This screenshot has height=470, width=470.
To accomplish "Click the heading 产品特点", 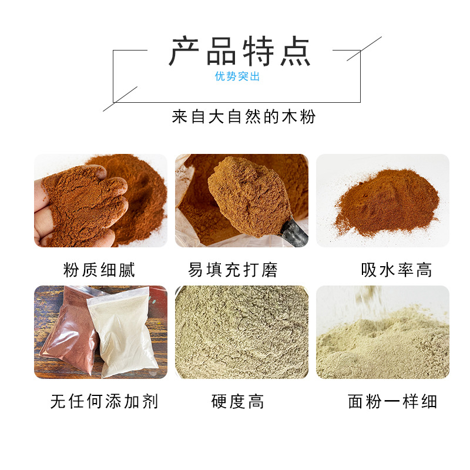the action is coord(240,51).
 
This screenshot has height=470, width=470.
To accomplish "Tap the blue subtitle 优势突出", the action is coord(237,76).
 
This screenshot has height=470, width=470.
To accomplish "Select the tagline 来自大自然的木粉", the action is coord(244,116).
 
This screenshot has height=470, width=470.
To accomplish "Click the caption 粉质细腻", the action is coord(99,270).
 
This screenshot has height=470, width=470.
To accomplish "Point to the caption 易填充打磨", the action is coord(233,270).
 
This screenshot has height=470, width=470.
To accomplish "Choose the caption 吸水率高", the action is coord(397,270).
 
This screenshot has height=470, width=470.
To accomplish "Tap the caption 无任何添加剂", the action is coord(104,401).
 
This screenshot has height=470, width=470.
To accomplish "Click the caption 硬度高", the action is coord(238,401).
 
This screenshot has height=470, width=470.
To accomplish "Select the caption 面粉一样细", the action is coord(392,401).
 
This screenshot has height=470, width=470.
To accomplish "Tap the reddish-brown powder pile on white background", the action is coord(387,202).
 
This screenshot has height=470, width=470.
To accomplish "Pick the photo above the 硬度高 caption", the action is coord(241,332).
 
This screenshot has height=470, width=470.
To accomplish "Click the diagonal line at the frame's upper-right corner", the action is coord(364,49).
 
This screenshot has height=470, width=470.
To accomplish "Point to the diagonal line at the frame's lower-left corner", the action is coord(120,99).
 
